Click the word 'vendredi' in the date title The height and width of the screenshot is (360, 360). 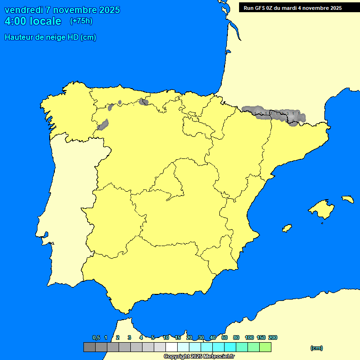pyautogui.click(x=23, y=10)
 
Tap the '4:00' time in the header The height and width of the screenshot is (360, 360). pyautogui.click(x=14, y=22)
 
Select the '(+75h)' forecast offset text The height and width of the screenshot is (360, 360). pyautogui.click(x=81, y=21)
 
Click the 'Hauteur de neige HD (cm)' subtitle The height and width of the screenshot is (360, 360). pyautogui.click(x=50, y=37)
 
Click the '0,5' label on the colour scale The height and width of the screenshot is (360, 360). pyautogui.click(x=96, y=337)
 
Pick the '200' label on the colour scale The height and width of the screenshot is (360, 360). pyautogui.click(x=273, y=337)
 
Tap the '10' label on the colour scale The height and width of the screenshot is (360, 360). pyautogui.click(x=166, y=337)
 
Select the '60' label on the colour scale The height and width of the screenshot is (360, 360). pyautogui.click(x=225, y=337)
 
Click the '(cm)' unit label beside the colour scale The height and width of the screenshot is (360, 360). pyautogui.click(x=316, y=348)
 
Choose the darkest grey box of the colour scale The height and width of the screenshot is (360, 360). pyautogui.click(x=89, y=347)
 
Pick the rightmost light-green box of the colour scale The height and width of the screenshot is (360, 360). pyautogui.click(x=265, y=347)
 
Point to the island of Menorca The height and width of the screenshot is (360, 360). pyautogui.click(x=347, y=199)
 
